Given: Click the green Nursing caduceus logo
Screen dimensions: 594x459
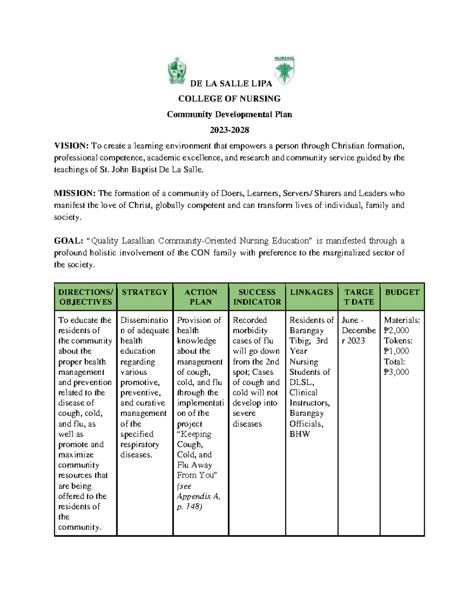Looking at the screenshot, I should (284, 70).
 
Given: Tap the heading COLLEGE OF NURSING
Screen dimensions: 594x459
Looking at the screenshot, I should (229, 99).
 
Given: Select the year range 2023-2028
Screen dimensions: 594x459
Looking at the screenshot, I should (229, 130).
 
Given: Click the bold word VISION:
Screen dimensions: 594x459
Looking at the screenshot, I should (71, 146).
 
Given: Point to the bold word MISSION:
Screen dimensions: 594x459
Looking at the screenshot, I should (75, 193).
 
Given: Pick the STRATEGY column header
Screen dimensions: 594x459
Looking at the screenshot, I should (145, 292).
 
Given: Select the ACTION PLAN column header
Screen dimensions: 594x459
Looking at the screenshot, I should (200, 297).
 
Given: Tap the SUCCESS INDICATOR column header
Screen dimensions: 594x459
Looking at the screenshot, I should (257, 297).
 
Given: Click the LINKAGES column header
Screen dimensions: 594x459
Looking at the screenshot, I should (311, 292).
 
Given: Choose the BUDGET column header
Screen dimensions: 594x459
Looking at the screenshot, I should (402, 292).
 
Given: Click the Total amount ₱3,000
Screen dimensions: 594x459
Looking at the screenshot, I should (396, 372).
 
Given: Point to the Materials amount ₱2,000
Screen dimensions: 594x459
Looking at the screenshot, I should (396, 330).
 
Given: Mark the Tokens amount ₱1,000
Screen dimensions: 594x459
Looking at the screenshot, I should (396, 351).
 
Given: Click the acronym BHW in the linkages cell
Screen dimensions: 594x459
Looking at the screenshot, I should (299, 434).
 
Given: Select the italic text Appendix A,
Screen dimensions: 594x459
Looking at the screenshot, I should (199, 496).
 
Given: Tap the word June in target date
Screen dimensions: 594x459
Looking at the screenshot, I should (350, 320).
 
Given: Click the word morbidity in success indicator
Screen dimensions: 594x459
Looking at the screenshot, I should (250, 330).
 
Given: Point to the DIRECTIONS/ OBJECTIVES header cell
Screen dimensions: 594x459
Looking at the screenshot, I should (85, 297).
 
